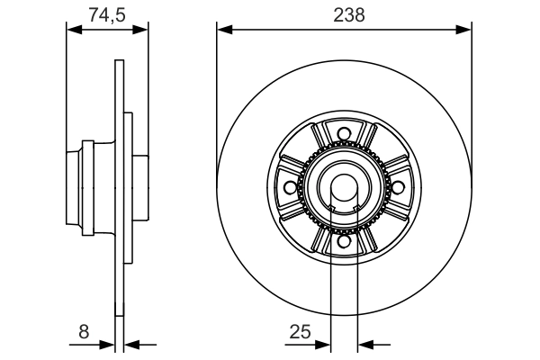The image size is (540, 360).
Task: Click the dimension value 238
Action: coord(343,14)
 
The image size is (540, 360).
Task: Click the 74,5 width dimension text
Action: coord(107,14)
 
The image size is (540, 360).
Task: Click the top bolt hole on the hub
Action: coord(343,136)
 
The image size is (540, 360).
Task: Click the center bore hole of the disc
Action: coord(343,187)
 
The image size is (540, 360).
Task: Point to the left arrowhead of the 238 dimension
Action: coord(224,30)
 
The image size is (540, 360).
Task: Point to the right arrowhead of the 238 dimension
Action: coord(464,30)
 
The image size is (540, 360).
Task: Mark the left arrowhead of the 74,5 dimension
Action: coord(75,30)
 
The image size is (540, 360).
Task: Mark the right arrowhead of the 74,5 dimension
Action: coord(140,30)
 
